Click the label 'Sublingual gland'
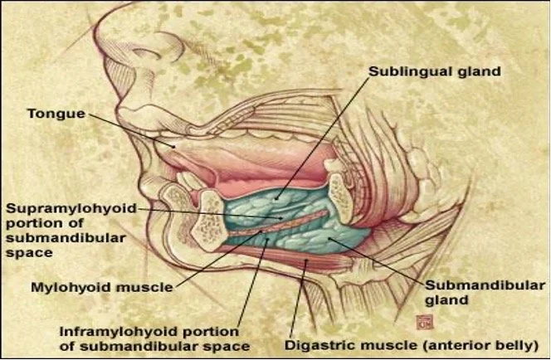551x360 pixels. pyautogui.click(x=434, y=71)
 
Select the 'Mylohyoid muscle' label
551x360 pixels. pyautogui.click(x=100, y=288)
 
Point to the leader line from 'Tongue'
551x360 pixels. pyautogui.click(x=133, y=129)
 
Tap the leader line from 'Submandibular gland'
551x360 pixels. pyautogui.click(x=382, y=261)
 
